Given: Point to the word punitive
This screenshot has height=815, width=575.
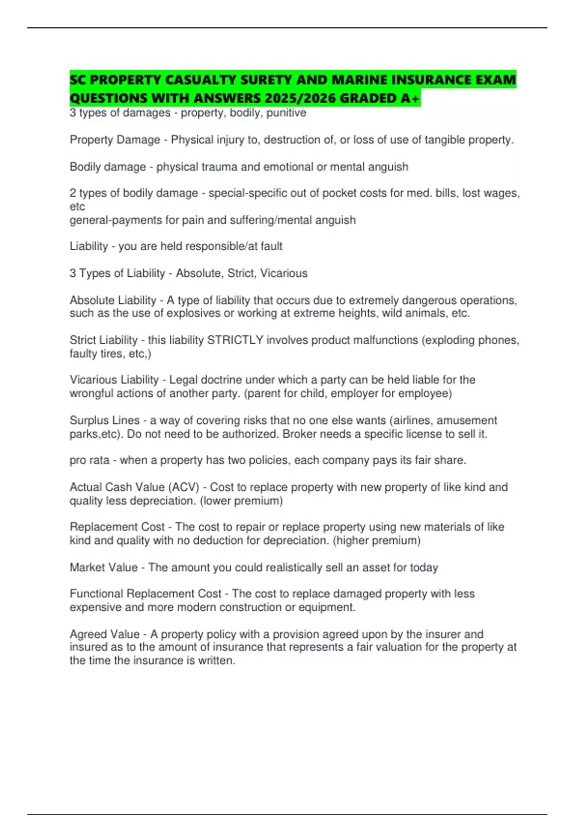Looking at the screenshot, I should (286, 113).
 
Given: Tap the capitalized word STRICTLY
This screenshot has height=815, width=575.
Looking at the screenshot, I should (235, 340).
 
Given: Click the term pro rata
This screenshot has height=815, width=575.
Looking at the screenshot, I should (90, 460).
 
